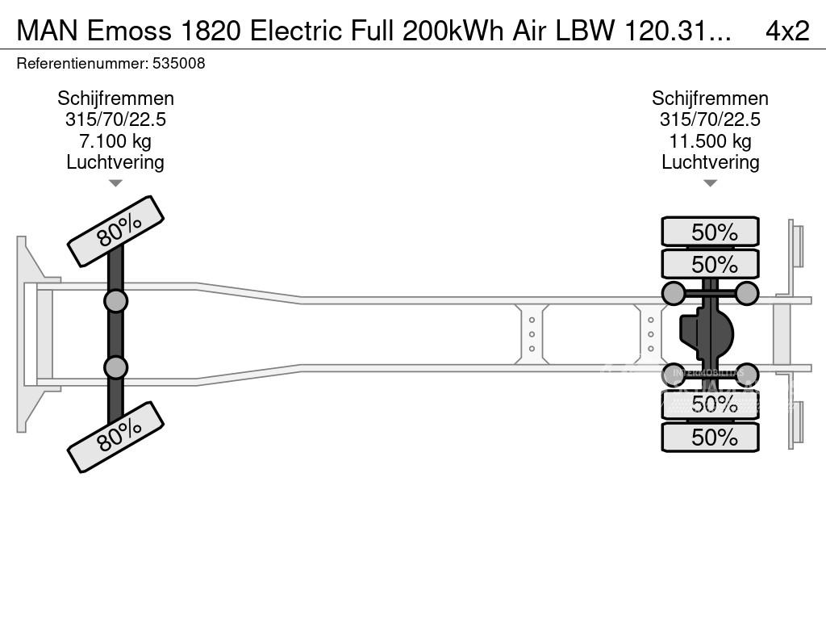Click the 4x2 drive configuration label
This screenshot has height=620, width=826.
click(786, 30)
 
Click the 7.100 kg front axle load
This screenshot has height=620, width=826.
click(115, 141)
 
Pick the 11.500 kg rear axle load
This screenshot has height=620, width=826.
click(710, 141)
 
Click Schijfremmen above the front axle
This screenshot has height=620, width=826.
click(115, 98)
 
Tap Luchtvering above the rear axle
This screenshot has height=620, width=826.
click(710, 162)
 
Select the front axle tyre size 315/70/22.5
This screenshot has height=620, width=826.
click(115, 120)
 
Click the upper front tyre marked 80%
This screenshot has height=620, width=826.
click(115, 231)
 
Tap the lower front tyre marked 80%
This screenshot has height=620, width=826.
click(115, 437)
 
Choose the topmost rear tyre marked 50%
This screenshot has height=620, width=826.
click(710, 232)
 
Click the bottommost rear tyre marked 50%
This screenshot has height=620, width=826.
click(710, 438)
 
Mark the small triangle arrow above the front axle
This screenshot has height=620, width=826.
click(115, 183)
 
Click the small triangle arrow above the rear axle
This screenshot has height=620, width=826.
click(710, 183)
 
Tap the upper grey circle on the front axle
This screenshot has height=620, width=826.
click(115, 301)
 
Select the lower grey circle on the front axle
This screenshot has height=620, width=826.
click(115, 367)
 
